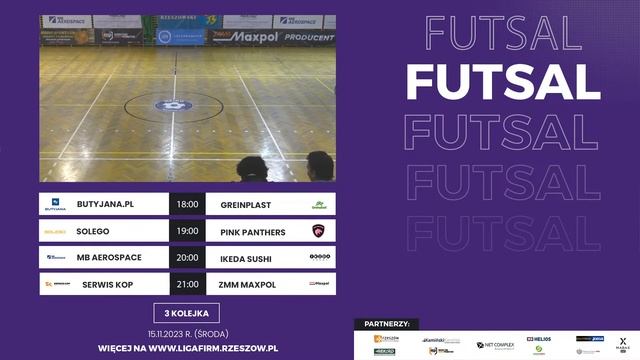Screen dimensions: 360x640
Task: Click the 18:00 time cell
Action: tap(187, 204)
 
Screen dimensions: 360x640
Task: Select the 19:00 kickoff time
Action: tap(187, 232)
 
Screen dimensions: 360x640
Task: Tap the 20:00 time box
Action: tap(187, 257)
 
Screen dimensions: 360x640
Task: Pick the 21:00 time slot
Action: tap(187, 284)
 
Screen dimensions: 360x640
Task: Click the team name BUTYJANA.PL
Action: tap(105, 204)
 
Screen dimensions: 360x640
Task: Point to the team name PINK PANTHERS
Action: tap(252, 232)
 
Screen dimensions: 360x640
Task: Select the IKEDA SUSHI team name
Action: tap(246, 257)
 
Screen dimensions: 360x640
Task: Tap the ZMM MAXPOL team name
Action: tap(247, 284)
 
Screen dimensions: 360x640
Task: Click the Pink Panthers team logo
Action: tap(319, 232)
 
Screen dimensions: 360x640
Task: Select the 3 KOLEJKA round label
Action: tap(186, 312)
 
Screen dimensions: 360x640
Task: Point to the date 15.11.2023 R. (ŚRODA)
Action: tap(186, 333)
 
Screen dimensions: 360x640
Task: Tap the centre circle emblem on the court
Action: tap(174, 104)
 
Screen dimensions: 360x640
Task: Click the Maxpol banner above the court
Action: tap(242, 38)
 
